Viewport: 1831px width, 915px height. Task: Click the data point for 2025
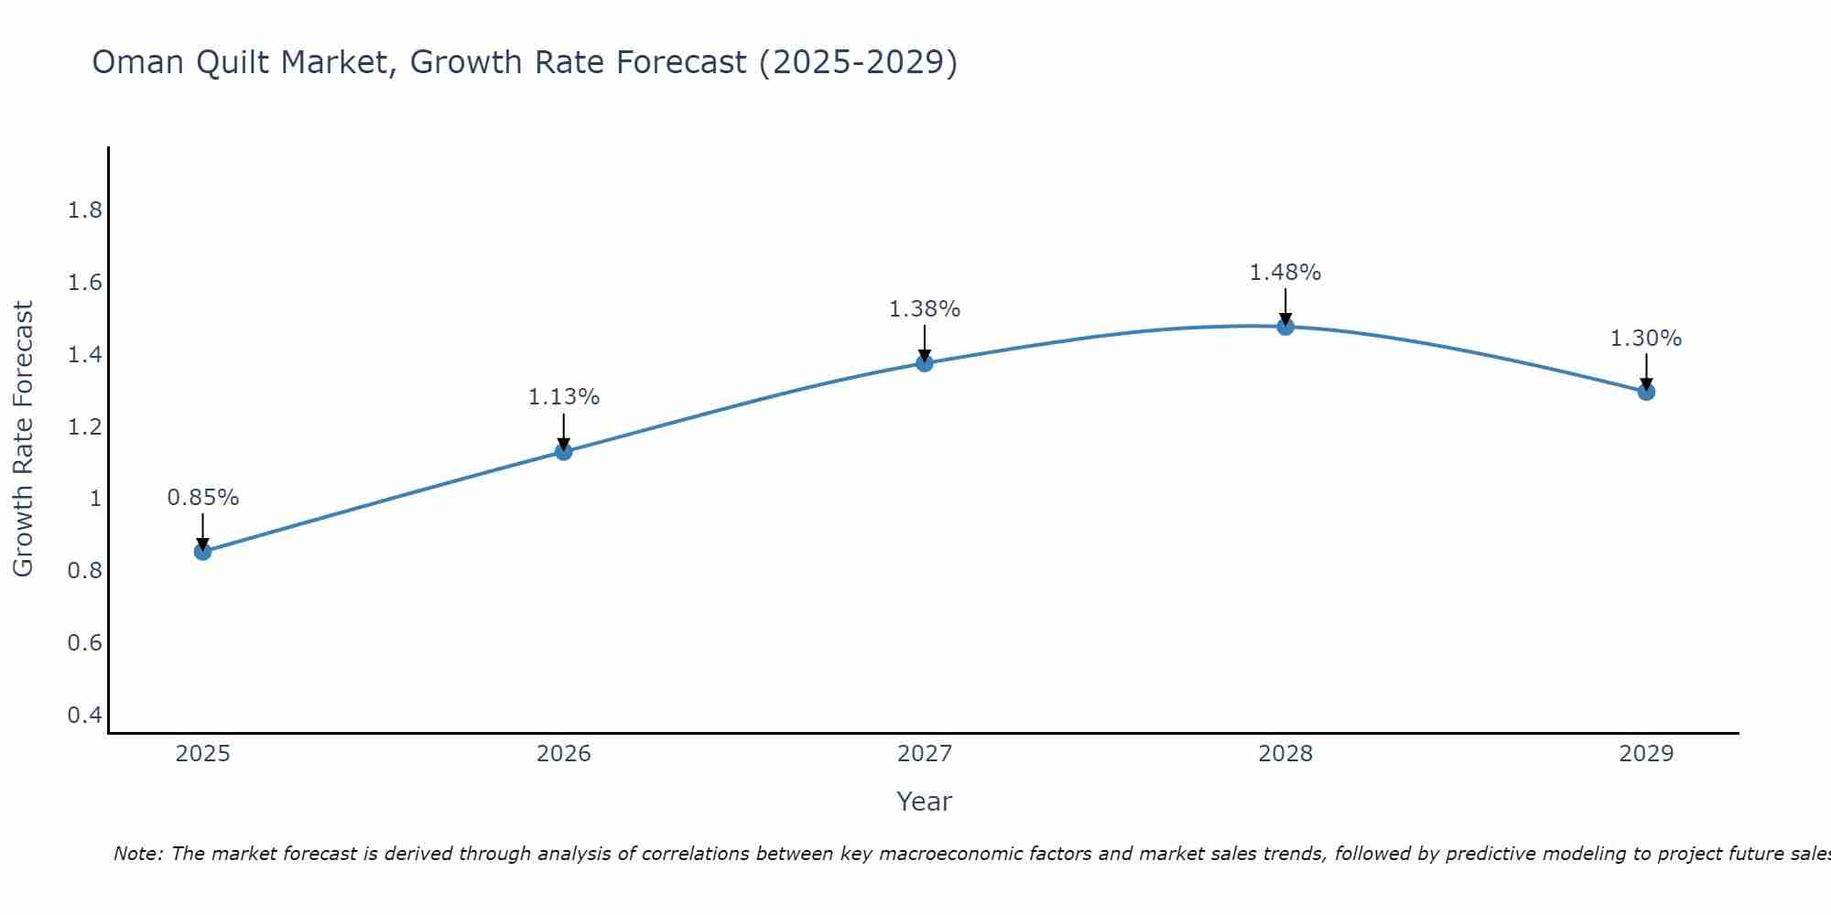[x=203, y=552]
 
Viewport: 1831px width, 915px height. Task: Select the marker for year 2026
[x=564, y=451]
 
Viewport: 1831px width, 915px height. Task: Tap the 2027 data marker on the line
[x=925, y=363]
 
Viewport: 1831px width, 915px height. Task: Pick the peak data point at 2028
[x=1285, y=327]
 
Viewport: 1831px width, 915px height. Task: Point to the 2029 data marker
[x=1646, y=392]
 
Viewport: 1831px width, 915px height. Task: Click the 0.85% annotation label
[x=203, y=498]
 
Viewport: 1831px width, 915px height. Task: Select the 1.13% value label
[x=564, y=397]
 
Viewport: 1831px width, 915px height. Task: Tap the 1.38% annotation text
[x=925, y=309]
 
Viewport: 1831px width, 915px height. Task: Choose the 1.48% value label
[x=1285, y=273]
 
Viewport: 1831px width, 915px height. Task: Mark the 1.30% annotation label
[x=1646, y=339]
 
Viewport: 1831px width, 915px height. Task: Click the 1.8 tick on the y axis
[x=85, y=210]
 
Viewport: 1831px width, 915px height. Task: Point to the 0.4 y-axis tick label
[x=85, y=715]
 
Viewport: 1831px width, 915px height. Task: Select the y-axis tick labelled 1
[x=95, y=499]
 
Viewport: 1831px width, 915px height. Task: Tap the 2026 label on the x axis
[x=564, y=754]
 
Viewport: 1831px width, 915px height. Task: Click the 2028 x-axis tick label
[x=1285, y=754]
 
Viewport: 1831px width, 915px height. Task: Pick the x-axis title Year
[x=925, y=802]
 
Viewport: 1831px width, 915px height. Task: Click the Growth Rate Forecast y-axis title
[x=23, y=439]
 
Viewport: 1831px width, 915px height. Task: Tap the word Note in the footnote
[x=137, y=854]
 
